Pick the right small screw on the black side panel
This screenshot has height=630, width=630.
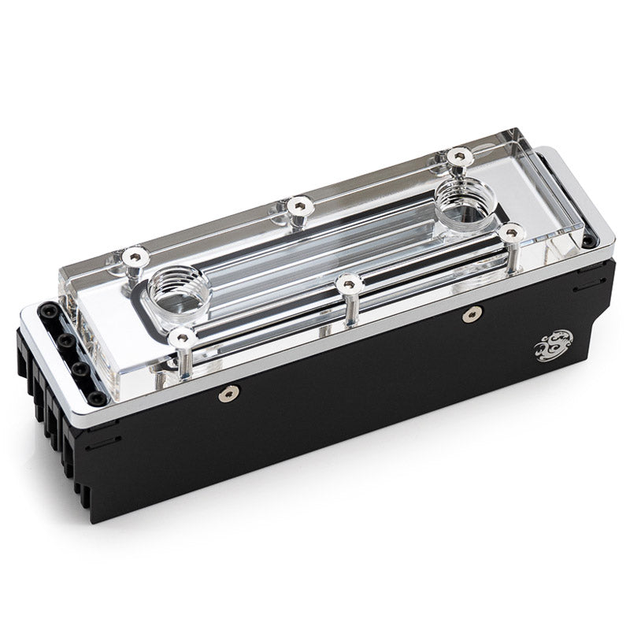[x=471, y=315]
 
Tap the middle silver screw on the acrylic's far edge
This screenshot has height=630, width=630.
[x=297, y=205]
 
